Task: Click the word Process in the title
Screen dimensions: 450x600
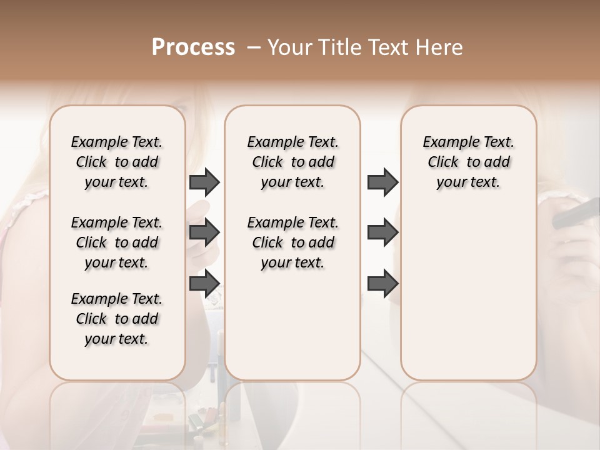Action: [193, 47]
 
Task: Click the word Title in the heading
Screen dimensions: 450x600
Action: [336, 47]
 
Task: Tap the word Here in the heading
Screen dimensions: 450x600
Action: [438, 47]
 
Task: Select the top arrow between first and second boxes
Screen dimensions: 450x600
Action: [204, 182]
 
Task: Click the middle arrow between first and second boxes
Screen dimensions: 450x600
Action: [204, 233]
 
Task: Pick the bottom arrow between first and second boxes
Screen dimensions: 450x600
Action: [204, 284]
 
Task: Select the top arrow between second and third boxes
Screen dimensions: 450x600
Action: [382, 182]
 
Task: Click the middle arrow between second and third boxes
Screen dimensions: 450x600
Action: [382, 233]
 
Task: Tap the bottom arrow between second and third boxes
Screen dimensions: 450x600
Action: [382, 284]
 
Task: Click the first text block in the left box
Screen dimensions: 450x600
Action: [117, 162]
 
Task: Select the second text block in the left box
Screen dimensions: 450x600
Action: [117, 242]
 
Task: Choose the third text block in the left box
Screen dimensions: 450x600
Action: [117, 319]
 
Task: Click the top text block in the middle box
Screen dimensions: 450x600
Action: [292, 162]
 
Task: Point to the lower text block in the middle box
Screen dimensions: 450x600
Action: [292, 242]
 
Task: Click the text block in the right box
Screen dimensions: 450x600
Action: [468, 162]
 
